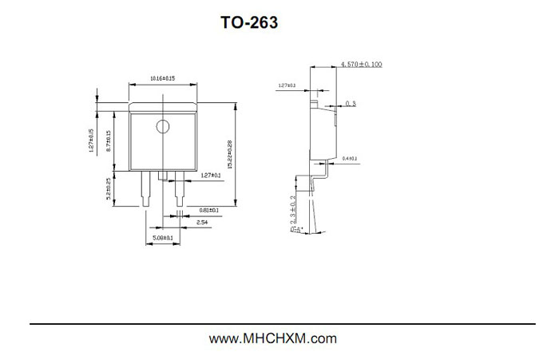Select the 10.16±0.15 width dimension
[162, 78]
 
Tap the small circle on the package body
[163, 125]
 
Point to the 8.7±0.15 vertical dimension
[109, 142]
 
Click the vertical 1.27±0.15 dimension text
[92, 140]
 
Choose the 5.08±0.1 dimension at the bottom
[162, 238]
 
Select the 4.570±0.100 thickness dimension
[363, 63]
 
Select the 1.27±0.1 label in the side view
[287, 85]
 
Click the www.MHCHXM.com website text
[273, 338]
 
